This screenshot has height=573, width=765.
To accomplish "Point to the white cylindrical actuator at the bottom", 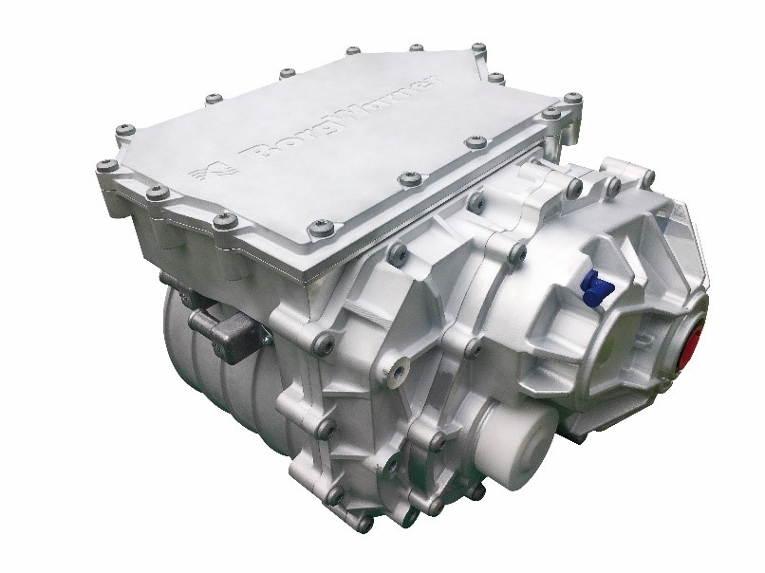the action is [x=513, y=444].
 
